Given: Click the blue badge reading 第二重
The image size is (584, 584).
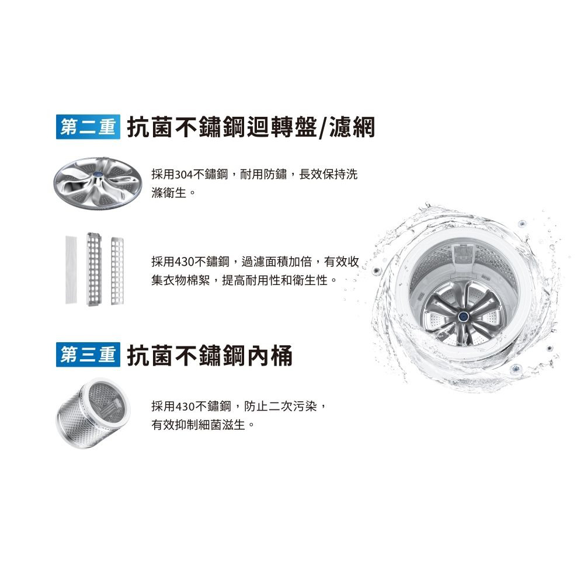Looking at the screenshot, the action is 88,127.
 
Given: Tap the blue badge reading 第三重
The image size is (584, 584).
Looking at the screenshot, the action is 88,354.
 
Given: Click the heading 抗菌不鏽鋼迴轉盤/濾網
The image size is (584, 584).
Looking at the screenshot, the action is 251,127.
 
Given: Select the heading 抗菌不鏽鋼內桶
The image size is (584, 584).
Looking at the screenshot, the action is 210,355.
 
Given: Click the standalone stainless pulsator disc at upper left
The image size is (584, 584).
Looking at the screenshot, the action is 98,183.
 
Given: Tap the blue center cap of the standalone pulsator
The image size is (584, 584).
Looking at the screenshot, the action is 99,175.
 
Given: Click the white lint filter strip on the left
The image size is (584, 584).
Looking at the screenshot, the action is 71,270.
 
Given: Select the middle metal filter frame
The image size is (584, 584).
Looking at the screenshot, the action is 94,269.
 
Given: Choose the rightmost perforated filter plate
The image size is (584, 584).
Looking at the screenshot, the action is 117,271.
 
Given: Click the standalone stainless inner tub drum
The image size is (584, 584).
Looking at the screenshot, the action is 93,413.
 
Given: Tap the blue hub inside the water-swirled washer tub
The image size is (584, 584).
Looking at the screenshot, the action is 463,317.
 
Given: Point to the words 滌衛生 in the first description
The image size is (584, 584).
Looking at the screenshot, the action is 169,193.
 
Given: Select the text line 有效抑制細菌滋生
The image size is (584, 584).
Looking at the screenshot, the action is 198,425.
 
